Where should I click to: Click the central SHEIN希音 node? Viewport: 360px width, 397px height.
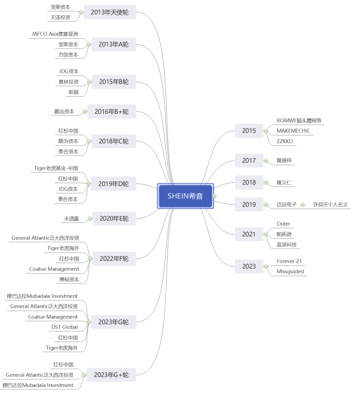[x=185, y=196]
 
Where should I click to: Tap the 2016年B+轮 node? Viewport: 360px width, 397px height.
[x=111, y=112]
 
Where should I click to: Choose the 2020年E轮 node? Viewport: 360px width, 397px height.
[x=114, y=219]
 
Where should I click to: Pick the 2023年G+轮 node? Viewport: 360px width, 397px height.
[x=111, y=375]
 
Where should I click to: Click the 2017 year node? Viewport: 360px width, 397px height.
[x=249, y=160]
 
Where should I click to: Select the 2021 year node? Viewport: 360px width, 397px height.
[x=249, y=234]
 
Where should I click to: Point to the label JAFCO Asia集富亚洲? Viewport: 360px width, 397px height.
[x=55, y=34]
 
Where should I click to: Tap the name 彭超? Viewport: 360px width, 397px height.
[x=73, y=92]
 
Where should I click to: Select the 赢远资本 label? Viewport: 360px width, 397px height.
[x=63, y=112]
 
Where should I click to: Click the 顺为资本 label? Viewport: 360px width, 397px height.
[x=68, y=141]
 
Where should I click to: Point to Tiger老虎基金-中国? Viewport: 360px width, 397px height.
[x=56, y=168]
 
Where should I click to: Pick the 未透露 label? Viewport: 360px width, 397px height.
[x=71, y=219]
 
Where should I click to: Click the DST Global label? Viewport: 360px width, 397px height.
[x=65, y=327]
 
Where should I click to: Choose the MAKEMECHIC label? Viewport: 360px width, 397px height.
[x=293, y=131]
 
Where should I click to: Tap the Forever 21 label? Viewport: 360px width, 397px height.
[x=289, y=261]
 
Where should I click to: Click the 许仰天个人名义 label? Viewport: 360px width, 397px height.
[x=330, y=204]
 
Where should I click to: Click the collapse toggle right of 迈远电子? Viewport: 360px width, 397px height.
[x=302, y=204]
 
